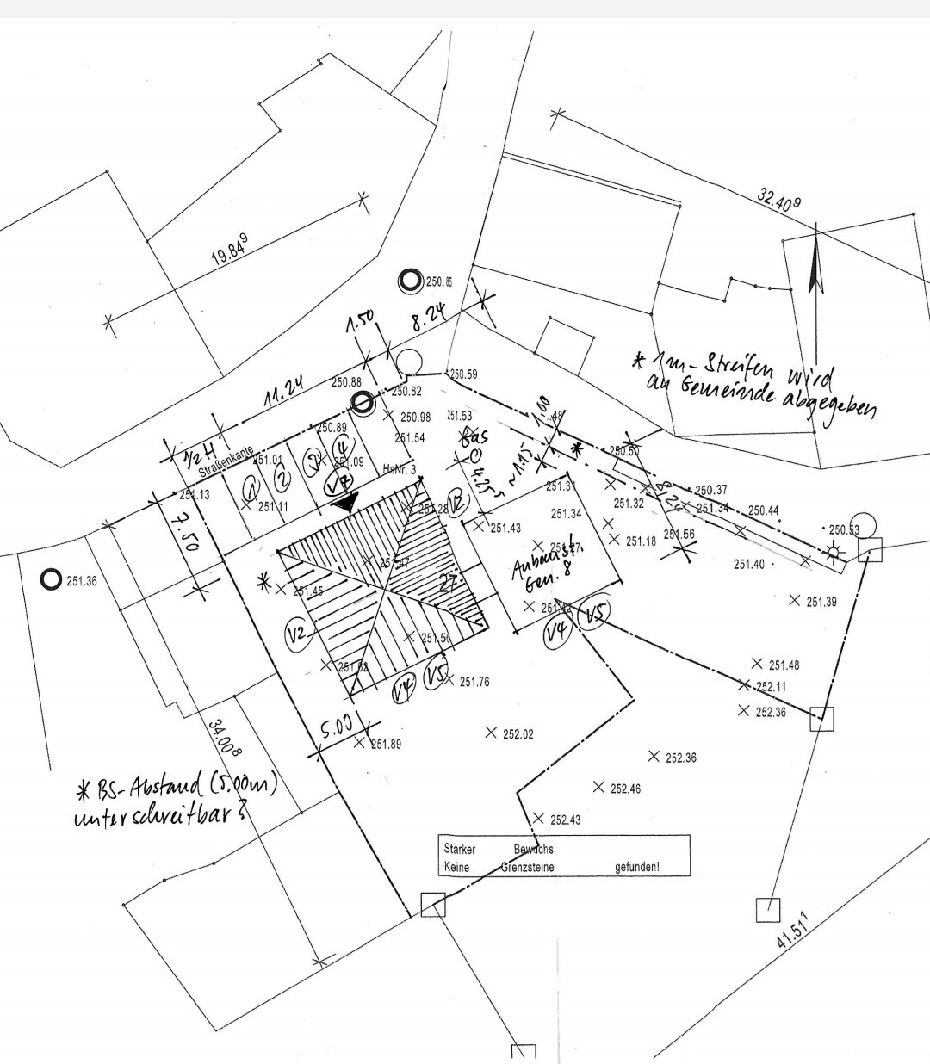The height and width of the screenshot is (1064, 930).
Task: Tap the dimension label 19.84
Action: (229, 249)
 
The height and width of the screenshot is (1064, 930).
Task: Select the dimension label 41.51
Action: (794, 929)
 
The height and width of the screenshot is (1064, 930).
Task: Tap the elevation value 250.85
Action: (439, 281)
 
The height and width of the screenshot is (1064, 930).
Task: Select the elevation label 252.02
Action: (518, 734)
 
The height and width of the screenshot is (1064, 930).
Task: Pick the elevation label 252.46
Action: (625, 789)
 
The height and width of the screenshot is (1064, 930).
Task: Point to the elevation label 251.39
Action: (821, 602)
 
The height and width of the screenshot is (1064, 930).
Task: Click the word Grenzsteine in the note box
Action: (528, 867)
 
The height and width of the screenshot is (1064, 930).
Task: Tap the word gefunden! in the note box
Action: (637, 867)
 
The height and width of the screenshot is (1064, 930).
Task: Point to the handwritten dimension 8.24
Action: (430, 322)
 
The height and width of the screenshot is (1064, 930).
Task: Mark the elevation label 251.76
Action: (474, 682)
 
